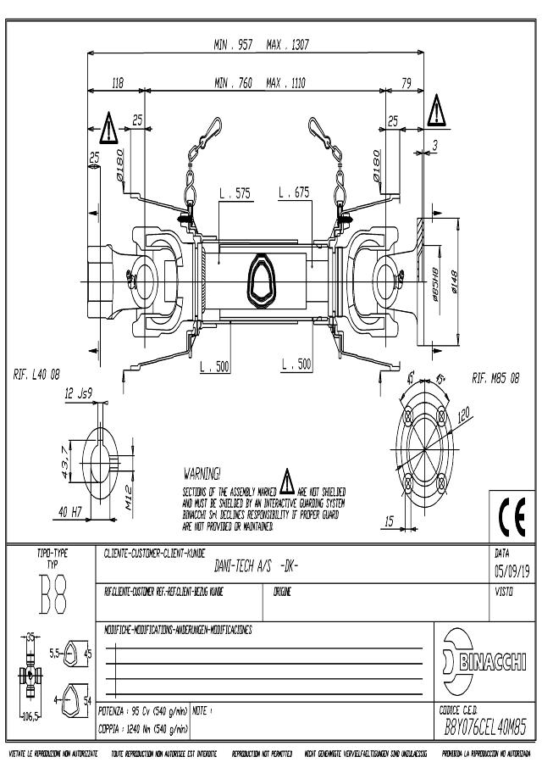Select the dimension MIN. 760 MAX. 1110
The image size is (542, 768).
tap(260, 83)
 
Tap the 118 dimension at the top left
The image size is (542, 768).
tap(119, 83)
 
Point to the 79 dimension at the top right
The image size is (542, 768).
tap(406, 83)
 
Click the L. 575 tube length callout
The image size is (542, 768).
tap(235, 194)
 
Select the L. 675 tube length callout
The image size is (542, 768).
tap(294, 194)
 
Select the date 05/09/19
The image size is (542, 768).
tap(512, 569)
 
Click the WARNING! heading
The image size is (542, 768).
tap(202, 471)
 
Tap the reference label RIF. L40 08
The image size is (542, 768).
tap(36, 374)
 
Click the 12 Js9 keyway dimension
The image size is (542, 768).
tap(79, 394)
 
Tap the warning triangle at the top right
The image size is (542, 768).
tap(436, 111)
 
